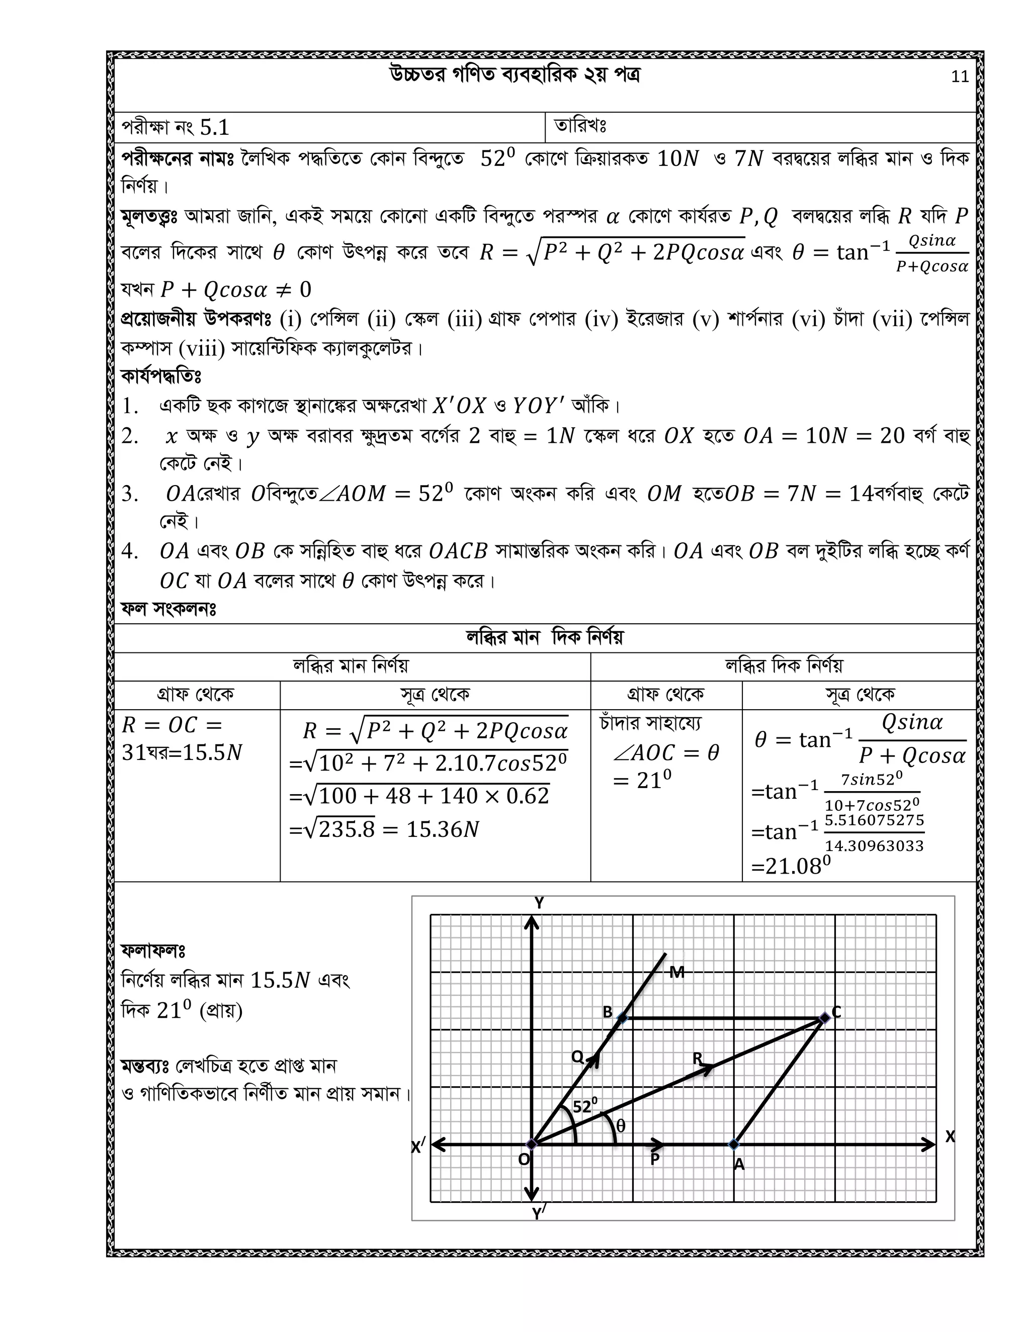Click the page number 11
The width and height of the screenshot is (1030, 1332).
[959, 77]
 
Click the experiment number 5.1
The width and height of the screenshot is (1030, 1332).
[214, 128]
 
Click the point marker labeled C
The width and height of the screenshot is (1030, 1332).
[824, 1018]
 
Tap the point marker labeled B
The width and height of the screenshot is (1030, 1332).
[622, 1017]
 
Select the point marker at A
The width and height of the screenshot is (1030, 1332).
[734, 1145]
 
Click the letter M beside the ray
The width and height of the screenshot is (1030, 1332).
[677, 973]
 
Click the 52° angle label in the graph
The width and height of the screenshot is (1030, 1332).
[584, 1106]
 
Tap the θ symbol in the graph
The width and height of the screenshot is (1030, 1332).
[621, 1126]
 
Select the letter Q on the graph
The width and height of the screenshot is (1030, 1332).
[577, 1057]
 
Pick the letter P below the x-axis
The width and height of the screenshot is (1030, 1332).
[655, 1160]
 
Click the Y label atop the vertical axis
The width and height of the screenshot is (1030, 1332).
[539, 903]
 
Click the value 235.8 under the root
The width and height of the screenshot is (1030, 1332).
[347, 829]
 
